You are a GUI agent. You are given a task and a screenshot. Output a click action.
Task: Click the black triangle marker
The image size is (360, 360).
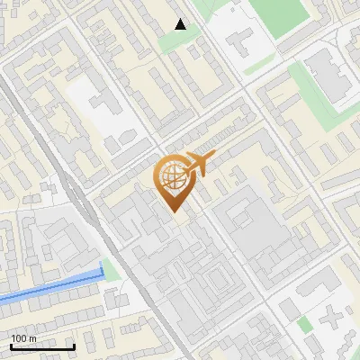181,24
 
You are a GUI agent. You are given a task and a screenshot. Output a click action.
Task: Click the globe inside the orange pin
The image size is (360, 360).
172,176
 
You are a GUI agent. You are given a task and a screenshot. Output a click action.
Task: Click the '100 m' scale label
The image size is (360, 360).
23,338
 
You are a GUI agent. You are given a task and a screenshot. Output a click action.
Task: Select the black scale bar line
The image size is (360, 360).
42,346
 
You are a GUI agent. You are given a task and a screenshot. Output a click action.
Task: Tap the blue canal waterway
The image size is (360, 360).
49,285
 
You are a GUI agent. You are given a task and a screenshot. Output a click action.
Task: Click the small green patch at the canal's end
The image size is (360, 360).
111,269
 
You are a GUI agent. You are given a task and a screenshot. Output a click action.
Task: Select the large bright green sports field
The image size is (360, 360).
279,13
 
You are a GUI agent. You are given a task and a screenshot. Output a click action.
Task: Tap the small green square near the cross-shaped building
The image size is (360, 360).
305,324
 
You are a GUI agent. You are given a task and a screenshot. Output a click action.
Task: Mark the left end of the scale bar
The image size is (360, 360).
11,346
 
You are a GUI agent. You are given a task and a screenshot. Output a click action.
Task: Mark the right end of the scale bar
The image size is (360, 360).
75,346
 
